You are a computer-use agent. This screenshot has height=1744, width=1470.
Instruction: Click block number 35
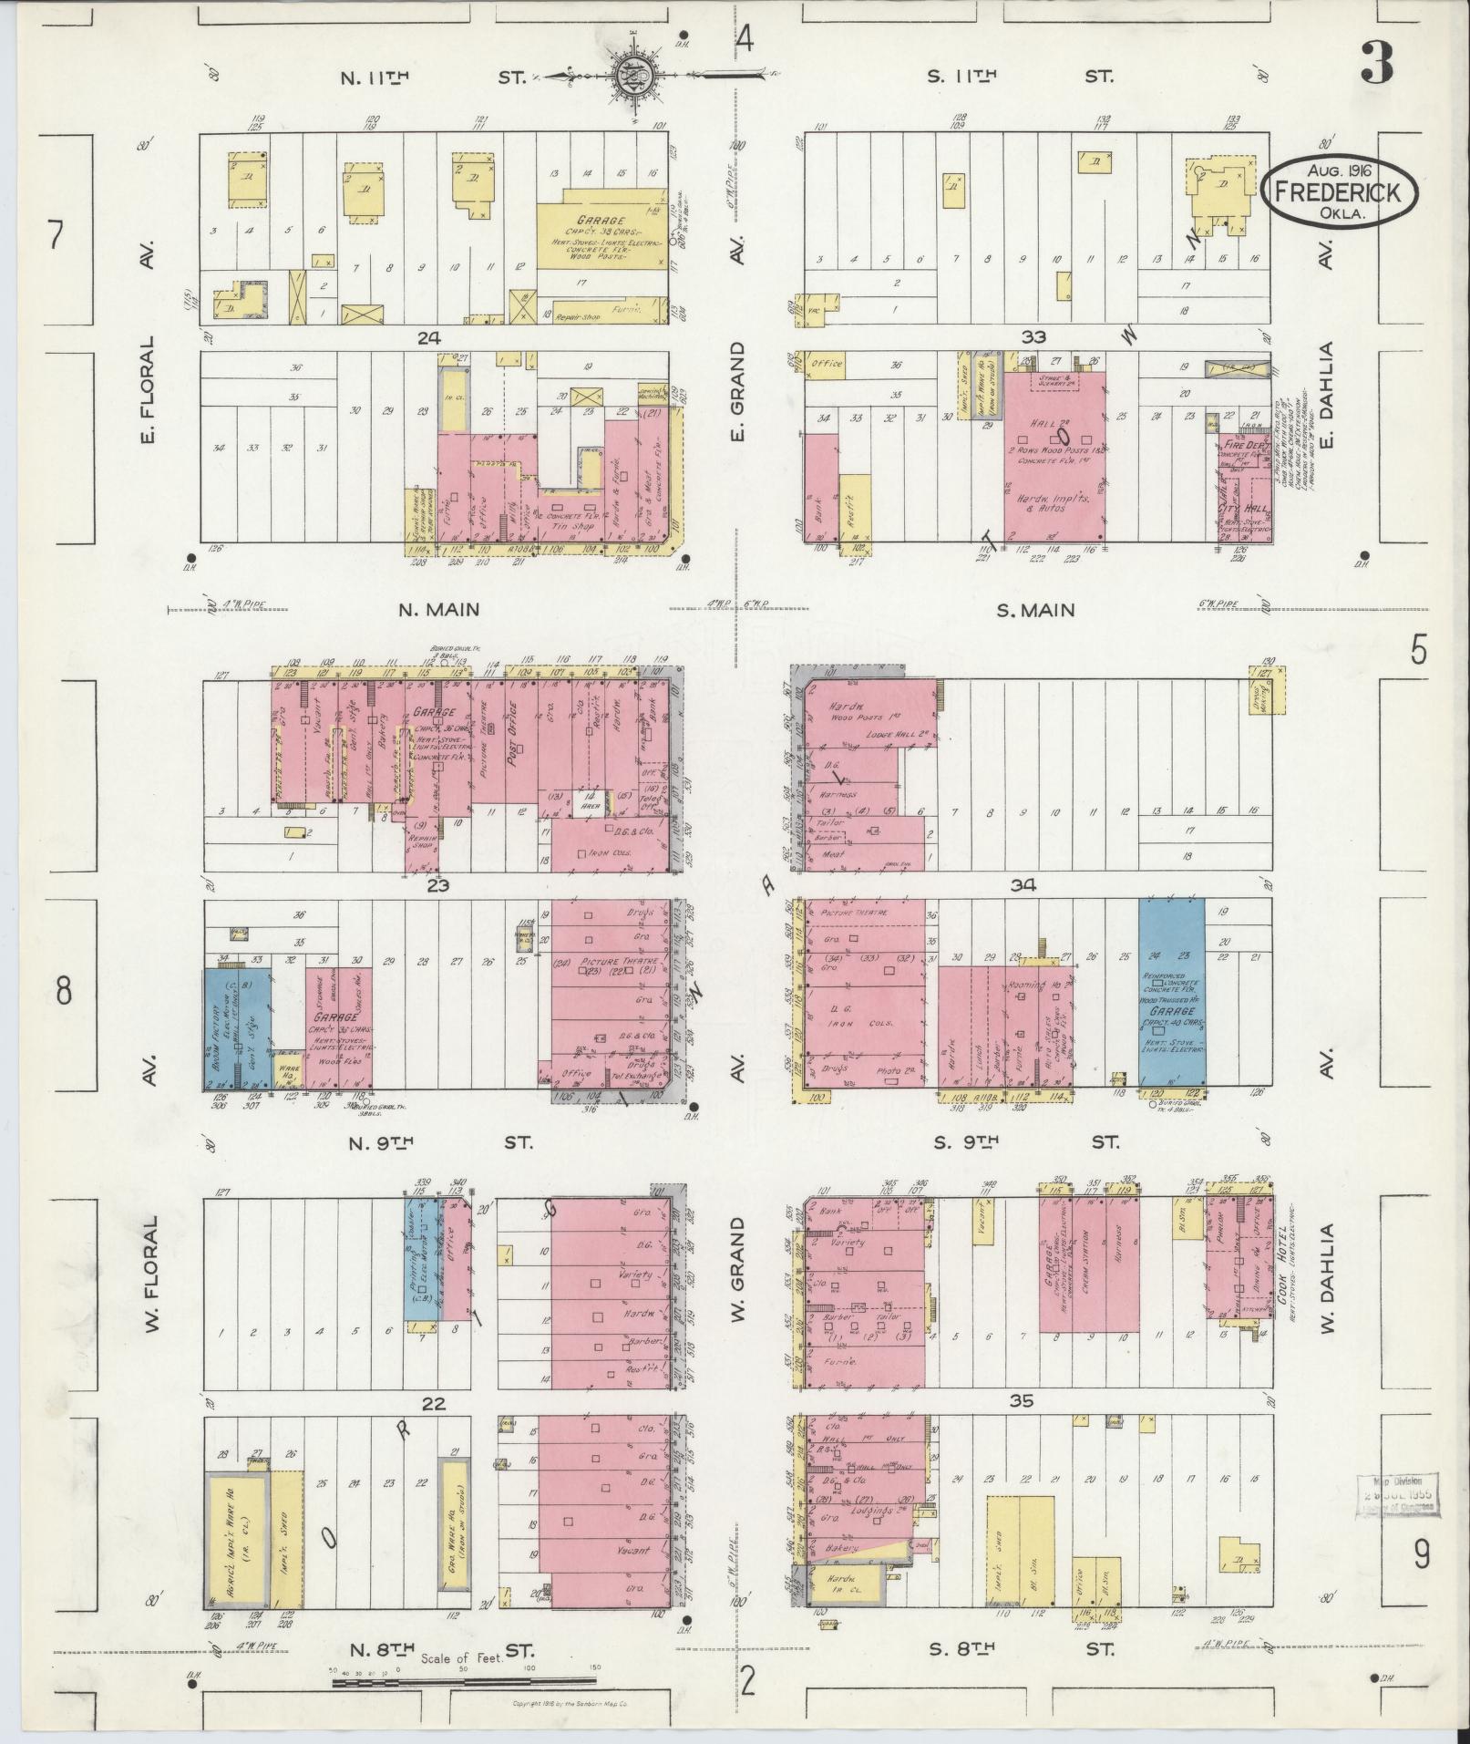[x=1022, y=1401]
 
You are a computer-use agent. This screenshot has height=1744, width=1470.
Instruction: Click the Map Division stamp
[x=1397, y=1496]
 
